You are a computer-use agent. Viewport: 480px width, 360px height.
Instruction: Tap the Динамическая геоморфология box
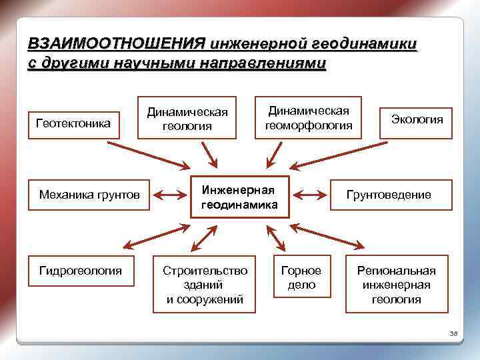tap(308, 117)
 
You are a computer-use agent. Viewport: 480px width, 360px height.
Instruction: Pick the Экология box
tap(416, 119)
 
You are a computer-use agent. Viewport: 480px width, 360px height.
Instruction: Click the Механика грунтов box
tap(89, 195)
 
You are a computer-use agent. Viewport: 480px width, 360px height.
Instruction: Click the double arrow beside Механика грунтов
tap(170, 195)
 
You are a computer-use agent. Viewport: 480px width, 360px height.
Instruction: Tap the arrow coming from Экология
tap(337, 154)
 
